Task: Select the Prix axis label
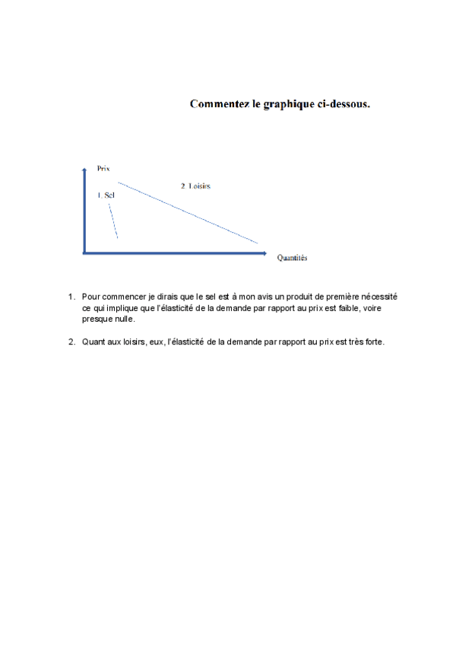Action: (104, 167)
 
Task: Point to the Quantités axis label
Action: (292, 259)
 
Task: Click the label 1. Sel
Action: (106, 195)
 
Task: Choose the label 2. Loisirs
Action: (196, 186)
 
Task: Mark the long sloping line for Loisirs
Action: (190, 214)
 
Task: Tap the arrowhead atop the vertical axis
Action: (84, 170)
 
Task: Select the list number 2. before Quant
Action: (71, 342)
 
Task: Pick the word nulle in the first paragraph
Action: (123, 319)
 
